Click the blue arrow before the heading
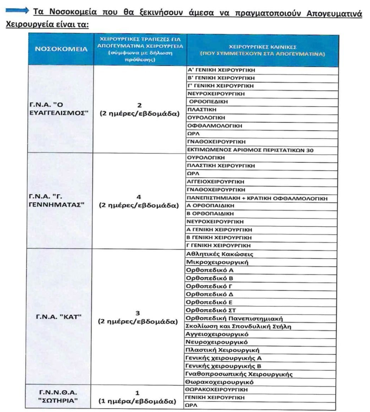pos(17,11)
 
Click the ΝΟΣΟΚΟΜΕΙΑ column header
pos(61,49)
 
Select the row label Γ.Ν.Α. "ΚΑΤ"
pos(59,317)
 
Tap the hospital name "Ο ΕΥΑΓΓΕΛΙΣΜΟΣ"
pos(59,109)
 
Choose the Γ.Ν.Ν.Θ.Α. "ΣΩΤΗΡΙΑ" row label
pos(58,396)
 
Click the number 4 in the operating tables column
pos(139,197)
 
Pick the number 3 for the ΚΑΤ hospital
pos(138,313)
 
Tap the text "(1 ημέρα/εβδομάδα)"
pos(137,401)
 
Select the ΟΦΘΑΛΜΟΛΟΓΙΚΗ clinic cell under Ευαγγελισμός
pos(215,126)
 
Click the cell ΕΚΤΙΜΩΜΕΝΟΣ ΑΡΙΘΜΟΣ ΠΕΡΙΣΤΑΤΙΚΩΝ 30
pos(250,150)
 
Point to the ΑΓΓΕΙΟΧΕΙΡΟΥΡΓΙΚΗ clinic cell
pos(215,182)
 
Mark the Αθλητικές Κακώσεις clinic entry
pos(220,254)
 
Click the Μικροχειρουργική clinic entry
pos(217,262)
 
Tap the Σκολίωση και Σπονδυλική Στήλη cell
pos(238,326)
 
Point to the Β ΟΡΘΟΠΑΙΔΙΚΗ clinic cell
pos(210,214)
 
